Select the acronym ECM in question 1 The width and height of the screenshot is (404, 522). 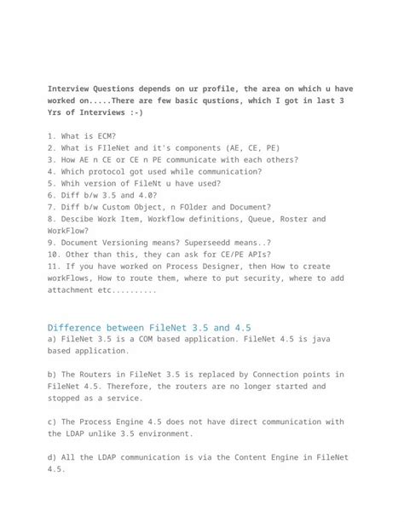(x=106, y=136)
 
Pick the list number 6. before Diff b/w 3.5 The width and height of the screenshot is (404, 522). (x=52, y=195)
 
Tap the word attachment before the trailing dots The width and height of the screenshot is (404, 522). (x=77, y=290)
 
